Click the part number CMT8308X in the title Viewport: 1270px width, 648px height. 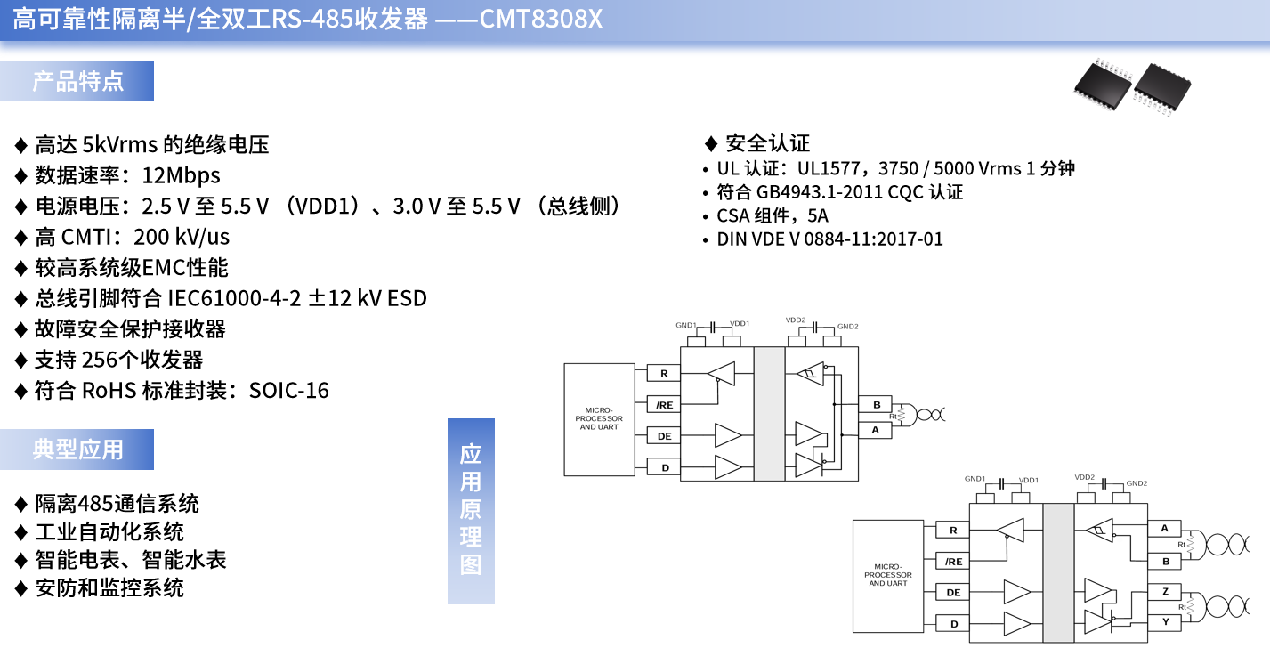(x=540, y=19)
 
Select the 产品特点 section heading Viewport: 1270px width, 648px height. (x=77, y=81)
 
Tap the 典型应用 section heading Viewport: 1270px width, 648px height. (x=77, y=450)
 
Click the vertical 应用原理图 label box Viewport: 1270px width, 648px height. (x=471, y=511)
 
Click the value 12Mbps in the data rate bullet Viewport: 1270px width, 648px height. (x=181, y=175)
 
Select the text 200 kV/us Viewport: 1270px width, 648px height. (x=182, y=237)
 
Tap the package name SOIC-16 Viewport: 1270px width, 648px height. (x=289, y=390)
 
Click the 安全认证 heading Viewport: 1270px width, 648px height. (x=767, y=143)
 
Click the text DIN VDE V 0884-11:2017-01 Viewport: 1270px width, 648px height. (x=829, y=239)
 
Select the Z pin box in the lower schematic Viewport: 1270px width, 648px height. (x=1165, y=592)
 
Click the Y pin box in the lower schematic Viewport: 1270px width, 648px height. (x=1165, y=622)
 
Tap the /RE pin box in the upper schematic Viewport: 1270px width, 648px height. (x=664, y=405)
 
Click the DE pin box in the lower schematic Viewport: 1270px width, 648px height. (x=953, y=593)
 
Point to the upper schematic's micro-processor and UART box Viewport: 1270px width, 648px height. (x=599, y=419)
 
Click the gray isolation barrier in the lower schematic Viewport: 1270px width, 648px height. (x=1058, y=569)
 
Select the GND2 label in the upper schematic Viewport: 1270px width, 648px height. (x=847, y=327)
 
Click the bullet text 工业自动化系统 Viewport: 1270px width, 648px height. (x=109, y=532)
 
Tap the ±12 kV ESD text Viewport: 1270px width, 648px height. (x=367, y=298)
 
